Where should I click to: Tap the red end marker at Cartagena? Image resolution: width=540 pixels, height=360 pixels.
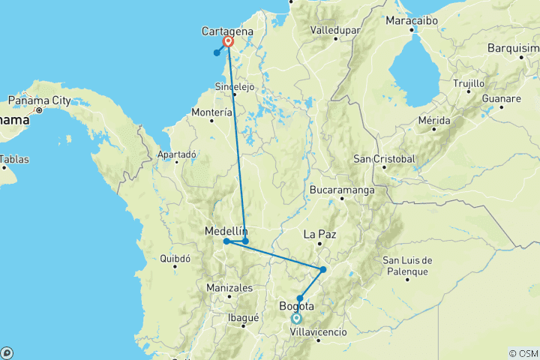click(x=228, y=42)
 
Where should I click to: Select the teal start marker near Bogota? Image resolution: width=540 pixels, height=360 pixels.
click(x=297, y=318)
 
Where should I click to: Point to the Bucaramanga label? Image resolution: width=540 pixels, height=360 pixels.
click(x=341, y=190)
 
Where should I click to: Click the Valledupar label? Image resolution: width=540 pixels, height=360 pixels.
click(x=335, y=31)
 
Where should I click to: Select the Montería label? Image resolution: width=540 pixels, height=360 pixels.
click(x=212, y=112)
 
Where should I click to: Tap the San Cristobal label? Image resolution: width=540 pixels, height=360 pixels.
click(x=384, y=158)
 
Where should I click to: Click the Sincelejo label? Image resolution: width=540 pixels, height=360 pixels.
click(x=235, y=86)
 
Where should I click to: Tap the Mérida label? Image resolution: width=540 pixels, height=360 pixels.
click(x=434, y=120)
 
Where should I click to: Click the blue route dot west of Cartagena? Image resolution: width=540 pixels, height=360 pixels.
click(x=217, y=52)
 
